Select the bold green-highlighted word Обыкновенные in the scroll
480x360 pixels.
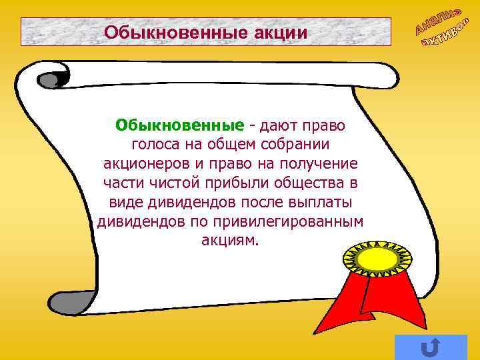tap(179, 125)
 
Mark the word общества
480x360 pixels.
tap(305, 183)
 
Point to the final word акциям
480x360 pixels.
tap(229, 240)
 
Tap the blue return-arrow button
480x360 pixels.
tap(431, 347)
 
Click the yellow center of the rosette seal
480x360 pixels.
tap(377, 258)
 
